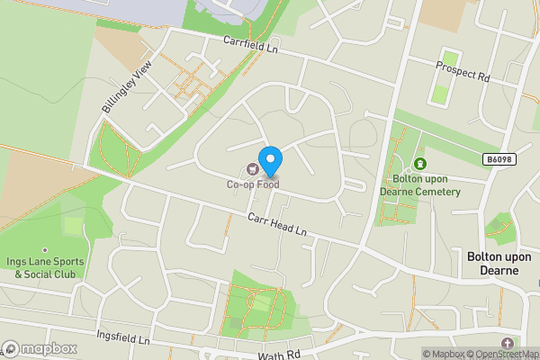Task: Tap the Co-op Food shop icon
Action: coord(253,168)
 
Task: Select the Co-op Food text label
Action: coord(253,185)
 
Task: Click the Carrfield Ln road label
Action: coord(251,43)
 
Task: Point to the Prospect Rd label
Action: coord(462,71)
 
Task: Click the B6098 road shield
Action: coord(499,159)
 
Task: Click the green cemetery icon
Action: coord(419,165)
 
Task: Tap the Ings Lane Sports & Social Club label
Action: coord(45,267)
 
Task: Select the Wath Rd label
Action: coord(276,355)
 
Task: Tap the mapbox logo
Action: coord(40,348)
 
